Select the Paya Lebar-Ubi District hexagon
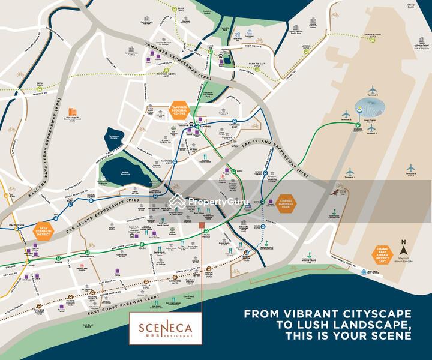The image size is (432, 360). [x=43, y=230]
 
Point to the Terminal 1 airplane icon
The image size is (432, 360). [x=372, y=89]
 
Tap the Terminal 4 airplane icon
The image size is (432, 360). [x=350, y=172]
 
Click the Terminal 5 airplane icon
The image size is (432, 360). [x=411, y=169]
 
